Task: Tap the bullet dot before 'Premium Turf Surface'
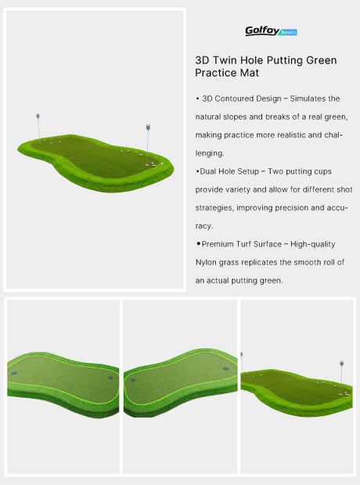[198, 244]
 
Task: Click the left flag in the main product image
[38, 117]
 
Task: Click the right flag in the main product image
[147, 128]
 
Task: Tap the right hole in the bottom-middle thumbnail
[225, 368]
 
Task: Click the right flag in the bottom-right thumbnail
[342, 365]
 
